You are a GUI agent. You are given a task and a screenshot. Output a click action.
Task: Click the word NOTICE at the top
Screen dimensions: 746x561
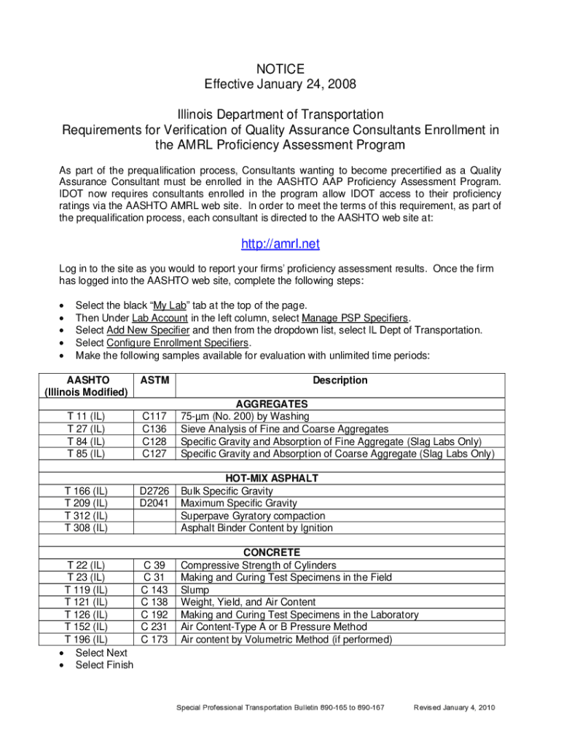click(x=280, y=69)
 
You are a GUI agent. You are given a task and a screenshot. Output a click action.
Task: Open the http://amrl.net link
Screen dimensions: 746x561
click(x=280, y=244)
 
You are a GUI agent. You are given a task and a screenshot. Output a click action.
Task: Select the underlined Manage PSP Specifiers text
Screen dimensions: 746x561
click(x=356, y=318)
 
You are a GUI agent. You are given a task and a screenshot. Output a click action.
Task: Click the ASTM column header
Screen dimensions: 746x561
click(x=155, y=380)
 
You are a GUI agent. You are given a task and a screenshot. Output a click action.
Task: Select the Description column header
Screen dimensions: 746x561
click(x=340, y=380)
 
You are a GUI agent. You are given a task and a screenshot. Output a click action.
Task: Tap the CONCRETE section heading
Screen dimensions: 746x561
click(x=272, y=553)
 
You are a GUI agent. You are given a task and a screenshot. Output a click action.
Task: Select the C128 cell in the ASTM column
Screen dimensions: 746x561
click(x=155, y=441)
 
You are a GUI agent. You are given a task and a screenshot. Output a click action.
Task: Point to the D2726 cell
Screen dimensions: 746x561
click(x=155, y=491)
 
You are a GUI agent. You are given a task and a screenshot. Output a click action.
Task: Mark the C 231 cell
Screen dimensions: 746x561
click(x=155, y=627)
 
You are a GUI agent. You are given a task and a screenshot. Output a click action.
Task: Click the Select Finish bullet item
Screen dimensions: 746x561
click(x=104, y=664)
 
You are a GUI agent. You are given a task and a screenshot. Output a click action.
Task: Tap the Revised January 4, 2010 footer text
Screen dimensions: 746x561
click(x=454, y=708)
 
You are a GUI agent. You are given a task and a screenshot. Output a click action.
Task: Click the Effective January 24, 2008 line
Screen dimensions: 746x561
click(x=280, y=85)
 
